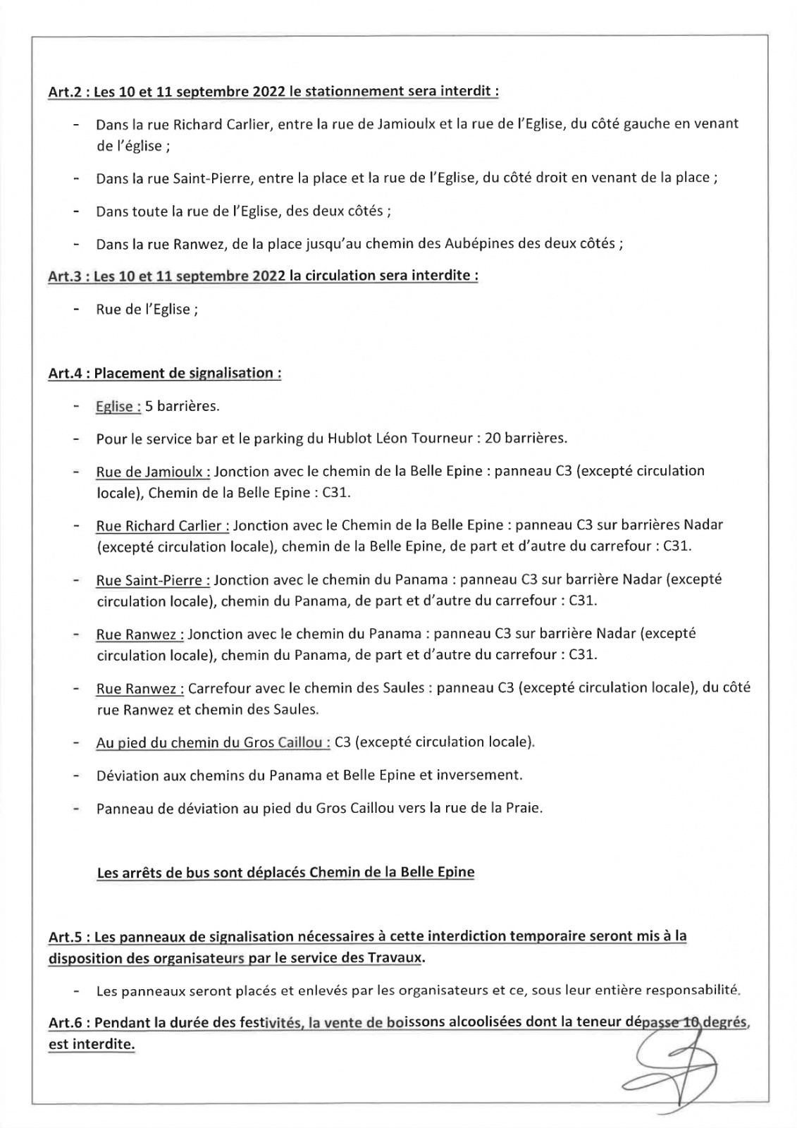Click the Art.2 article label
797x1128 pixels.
[66, 92]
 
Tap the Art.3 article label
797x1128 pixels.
[66, 276]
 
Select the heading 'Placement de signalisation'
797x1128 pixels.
[187, 373]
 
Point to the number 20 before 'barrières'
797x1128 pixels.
[493, 439]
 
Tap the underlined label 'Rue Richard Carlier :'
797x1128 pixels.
[163, 525]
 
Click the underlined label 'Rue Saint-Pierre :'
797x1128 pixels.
[153, 580]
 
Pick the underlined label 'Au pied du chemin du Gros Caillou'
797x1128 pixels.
[213, 742]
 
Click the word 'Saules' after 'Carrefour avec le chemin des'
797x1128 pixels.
[403, 688]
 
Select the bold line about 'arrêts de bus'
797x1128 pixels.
[285, 872]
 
